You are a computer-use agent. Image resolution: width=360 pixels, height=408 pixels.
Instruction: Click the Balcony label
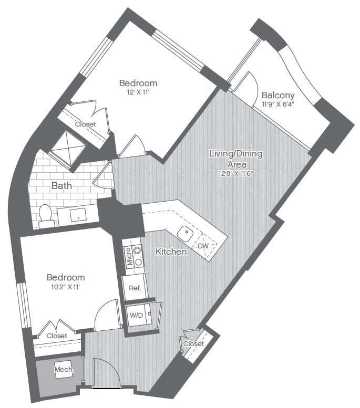click(277, 96)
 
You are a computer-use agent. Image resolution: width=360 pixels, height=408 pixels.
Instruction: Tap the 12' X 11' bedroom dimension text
click(138, 92)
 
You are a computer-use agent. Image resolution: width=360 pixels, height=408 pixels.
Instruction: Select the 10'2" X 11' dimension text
click(66, 287)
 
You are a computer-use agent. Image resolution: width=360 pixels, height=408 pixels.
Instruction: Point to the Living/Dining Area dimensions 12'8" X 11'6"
click(235, 174)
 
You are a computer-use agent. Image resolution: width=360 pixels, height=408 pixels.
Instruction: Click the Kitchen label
click(171, 252)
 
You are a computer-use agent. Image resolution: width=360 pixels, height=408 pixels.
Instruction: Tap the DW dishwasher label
click(203, 246)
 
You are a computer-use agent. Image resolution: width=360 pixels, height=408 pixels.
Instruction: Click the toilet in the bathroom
click(46, 215)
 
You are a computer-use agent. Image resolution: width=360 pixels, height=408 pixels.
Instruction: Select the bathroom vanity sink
click(78, 215)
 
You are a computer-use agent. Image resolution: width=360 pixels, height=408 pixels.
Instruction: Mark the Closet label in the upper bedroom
click(85, 124)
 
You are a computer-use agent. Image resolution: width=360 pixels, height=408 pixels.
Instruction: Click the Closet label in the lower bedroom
click(56, 336)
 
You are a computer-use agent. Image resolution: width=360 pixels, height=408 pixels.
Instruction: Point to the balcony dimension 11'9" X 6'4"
click(278, 104)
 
